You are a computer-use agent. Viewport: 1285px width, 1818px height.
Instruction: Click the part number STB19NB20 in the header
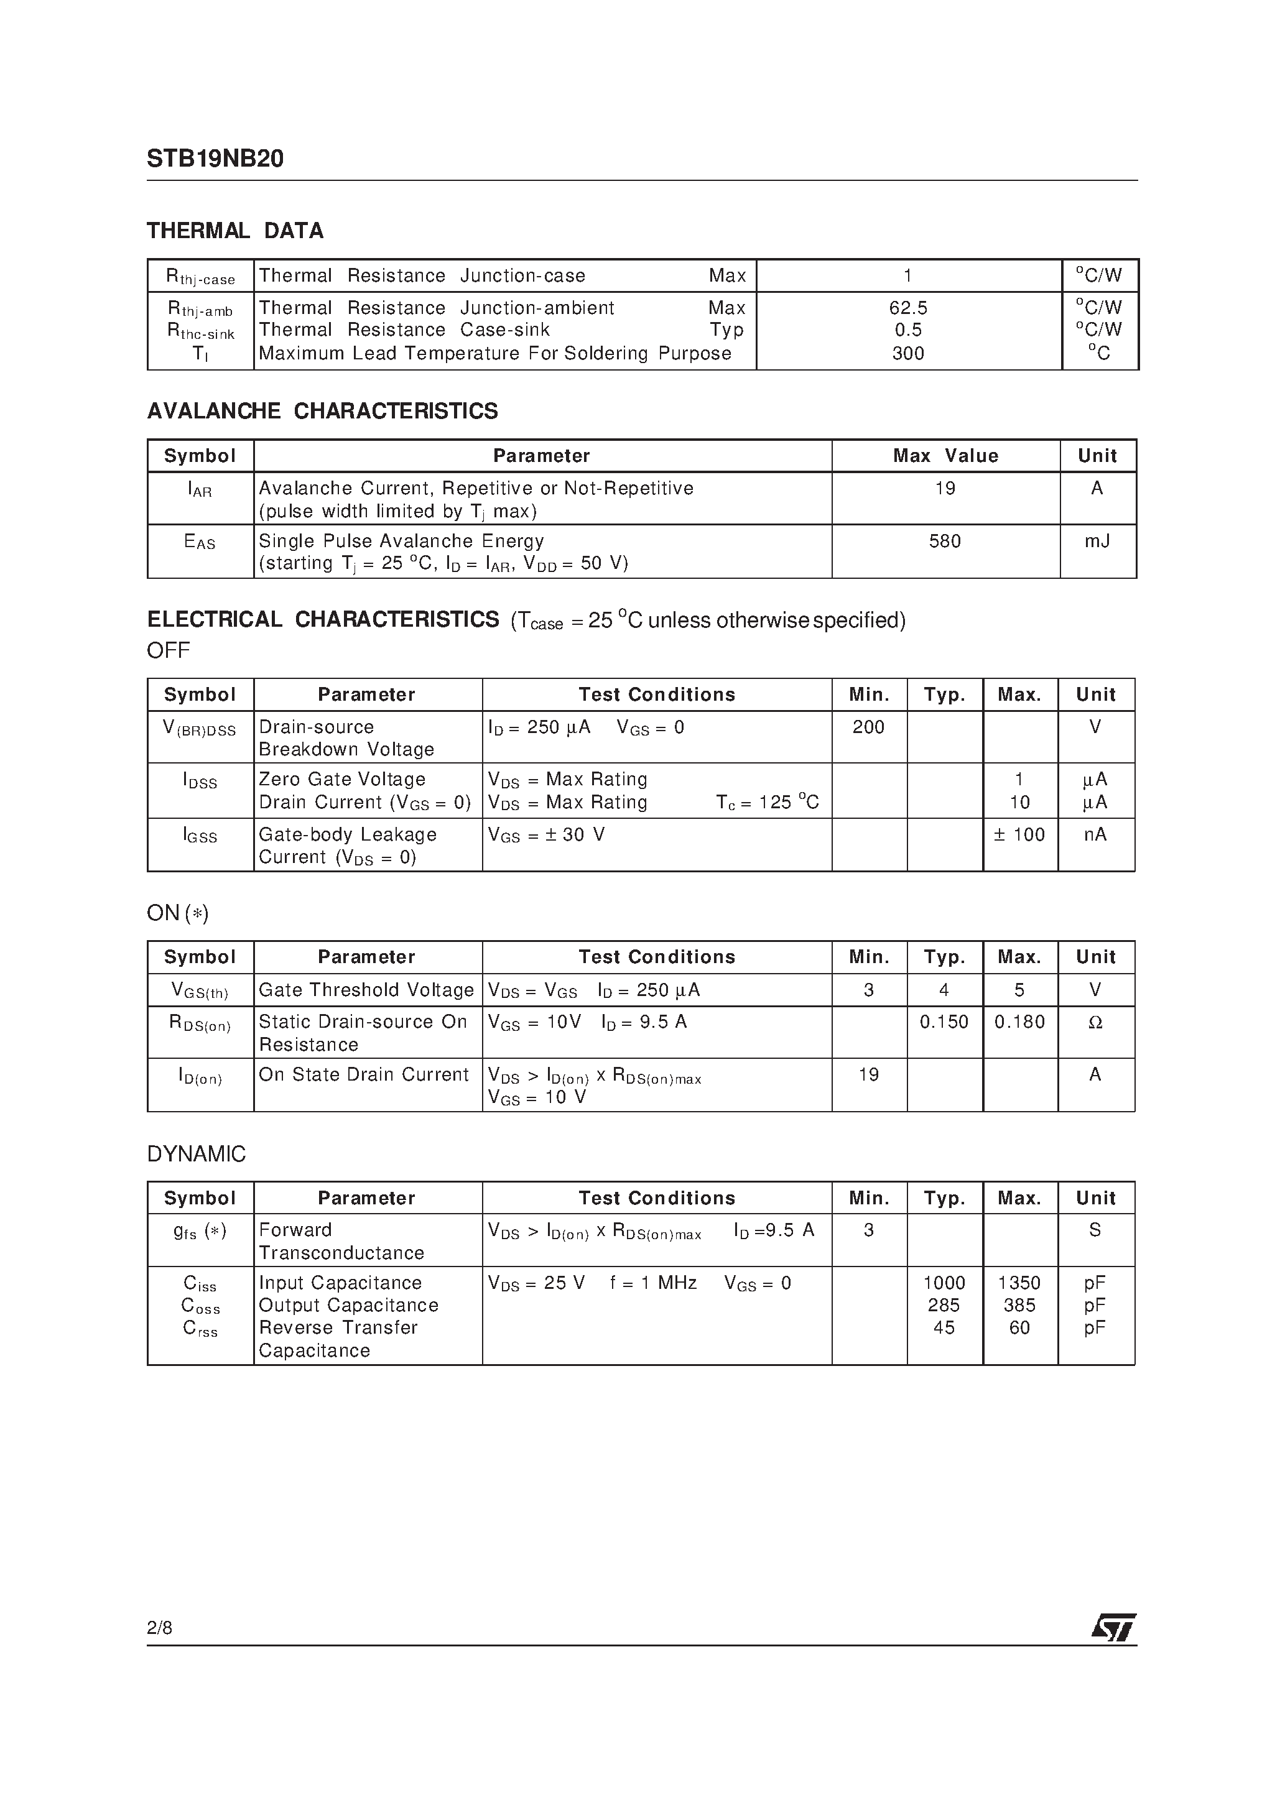pyautogui.click(x=215, y=159)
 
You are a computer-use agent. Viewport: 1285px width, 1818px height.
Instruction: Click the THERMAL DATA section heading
pyautogui.click(x=235, y=231)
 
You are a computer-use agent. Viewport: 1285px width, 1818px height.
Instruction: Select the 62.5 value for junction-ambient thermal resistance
pyautogui.click(x=908, y=308)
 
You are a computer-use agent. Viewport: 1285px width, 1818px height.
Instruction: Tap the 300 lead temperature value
pyautogui.click(x=908, y=354)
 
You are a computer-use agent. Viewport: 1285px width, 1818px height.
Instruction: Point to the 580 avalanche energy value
pyautogui.click(x=944, y=542)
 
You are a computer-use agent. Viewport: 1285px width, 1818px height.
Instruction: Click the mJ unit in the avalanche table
pyautogui.click(x=1097, y=542)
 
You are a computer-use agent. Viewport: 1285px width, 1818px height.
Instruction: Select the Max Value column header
pyautogui.click(x=945, y=456)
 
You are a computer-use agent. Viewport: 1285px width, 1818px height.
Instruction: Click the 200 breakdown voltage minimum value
pyautogui.click(x=868, y=727)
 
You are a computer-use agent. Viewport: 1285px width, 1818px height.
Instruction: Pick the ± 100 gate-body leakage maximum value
pyautogui.click(x=1019, y=834)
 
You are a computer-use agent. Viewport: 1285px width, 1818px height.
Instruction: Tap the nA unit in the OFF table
pyautogui.click(x=1095, y=834)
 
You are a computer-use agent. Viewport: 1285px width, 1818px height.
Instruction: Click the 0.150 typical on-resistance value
pyautogui.click(x=944, y=1022)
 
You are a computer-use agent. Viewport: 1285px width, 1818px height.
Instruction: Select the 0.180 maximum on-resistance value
pyautogui.click(x=1019, y=1022)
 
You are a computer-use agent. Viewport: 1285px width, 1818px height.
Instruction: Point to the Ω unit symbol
pyautogui.click(x=1095, y=1023)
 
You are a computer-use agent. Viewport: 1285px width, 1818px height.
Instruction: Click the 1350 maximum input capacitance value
pyautogui.click(x=1019, y=1283)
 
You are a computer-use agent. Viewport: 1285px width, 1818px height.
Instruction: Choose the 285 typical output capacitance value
pyautogui.click(x=944, y=1305)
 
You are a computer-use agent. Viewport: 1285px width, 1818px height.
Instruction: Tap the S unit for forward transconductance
pyautogui.click(x=1095, y=1230)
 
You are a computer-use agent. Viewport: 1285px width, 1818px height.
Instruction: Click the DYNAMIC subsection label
pyautogui.click(x=197, y=1155)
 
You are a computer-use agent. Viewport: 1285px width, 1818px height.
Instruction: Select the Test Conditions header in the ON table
pyautogui.click(x=657, y=957)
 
